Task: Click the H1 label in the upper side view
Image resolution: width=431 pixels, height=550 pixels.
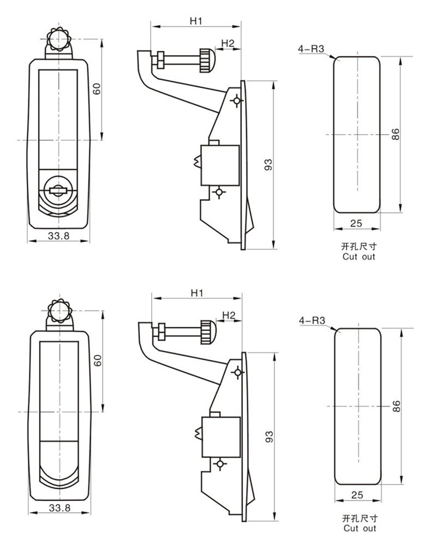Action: [196, 21]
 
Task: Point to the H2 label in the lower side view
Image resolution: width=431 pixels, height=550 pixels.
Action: [229, 315]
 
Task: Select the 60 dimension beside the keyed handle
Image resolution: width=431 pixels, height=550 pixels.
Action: [97, 89]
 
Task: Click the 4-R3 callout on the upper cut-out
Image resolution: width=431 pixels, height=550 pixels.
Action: [311, 49]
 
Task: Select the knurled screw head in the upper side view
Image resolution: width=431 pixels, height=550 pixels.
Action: [206, 61]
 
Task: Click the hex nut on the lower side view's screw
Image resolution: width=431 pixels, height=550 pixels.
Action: [161, 331]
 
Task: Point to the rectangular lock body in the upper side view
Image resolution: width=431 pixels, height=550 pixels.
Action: [220, 165]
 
